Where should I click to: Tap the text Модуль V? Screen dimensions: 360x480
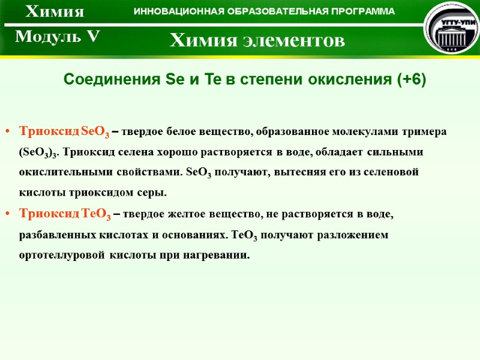point(57,37)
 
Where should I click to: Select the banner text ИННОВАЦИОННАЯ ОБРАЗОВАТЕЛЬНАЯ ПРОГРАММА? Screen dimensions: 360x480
point(264,12)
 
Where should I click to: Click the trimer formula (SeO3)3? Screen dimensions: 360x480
point(40,152)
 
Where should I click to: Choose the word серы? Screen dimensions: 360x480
point(150,193)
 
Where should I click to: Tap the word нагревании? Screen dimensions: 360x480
point(217,255)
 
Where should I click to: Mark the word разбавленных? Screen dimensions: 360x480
point(54,235)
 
